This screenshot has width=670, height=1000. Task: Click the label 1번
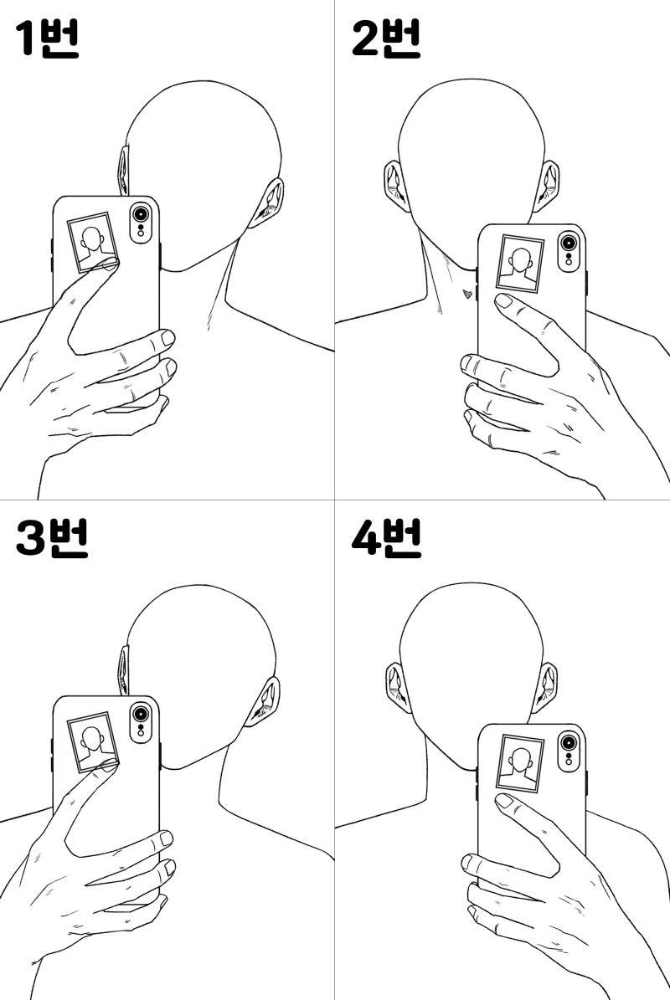[47, 38]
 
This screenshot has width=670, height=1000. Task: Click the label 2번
[385, 38]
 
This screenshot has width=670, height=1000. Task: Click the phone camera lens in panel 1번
[141, 213]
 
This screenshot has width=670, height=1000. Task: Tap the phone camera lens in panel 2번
[567, 243]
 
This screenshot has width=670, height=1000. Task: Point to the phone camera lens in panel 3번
[141, 713]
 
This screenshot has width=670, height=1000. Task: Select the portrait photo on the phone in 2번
[520, 264]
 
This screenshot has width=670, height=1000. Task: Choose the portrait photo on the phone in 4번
[520, 764]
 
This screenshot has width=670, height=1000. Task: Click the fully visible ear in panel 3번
[264, 702]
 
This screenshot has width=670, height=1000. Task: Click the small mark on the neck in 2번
[468, 294]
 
